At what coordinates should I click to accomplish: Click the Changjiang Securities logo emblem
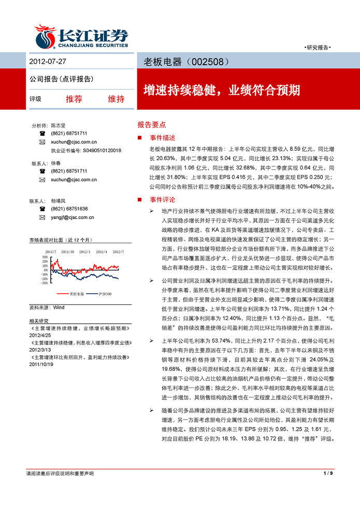click(45, 36)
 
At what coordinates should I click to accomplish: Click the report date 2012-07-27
click(48, 62)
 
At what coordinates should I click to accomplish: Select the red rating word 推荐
click(74, 99)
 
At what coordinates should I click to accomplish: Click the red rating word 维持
click(116, 99)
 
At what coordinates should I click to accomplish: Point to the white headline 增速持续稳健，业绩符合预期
click(221, 90)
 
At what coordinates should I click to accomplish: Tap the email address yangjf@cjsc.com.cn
click(73, 217)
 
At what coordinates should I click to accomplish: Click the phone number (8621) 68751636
click(69, 209)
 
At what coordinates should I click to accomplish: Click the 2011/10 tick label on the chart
click(67, 252)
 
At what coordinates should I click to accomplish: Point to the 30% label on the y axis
click(45, 256)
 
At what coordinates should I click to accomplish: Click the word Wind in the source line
click(59, 307)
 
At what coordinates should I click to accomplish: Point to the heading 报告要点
click(151, 125)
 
